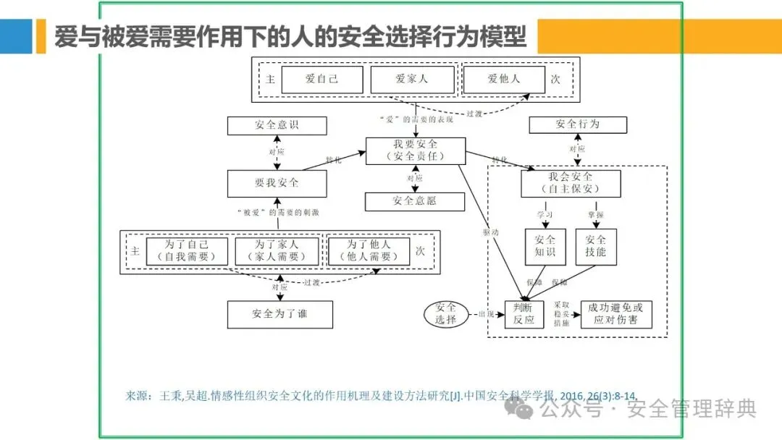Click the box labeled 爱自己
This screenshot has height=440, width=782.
321,80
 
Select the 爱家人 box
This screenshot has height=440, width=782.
412,80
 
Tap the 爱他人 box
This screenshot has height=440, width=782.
503,80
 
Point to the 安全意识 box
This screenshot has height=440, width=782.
277,124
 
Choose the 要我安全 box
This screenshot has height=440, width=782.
277,183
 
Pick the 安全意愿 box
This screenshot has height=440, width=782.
415,201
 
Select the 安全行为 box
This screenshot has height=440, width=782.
577,124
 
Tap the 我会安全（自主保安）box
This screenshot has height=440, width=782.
571,183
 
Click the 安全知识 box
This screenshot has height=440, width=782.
545,246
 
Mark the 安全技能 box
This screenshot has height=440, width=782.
595,246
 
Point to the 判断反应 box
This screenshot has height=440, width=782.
524,313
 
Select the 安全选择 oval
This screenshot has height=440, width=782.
446,313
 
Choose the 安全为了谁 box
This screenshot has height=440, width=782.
280,314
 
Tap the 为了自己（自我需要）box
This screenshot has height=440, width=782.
187,251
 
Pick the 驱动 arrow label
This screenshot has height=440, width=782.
490,233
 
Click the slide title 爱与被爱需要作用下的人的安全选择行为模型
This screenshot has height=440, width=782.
290,35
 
